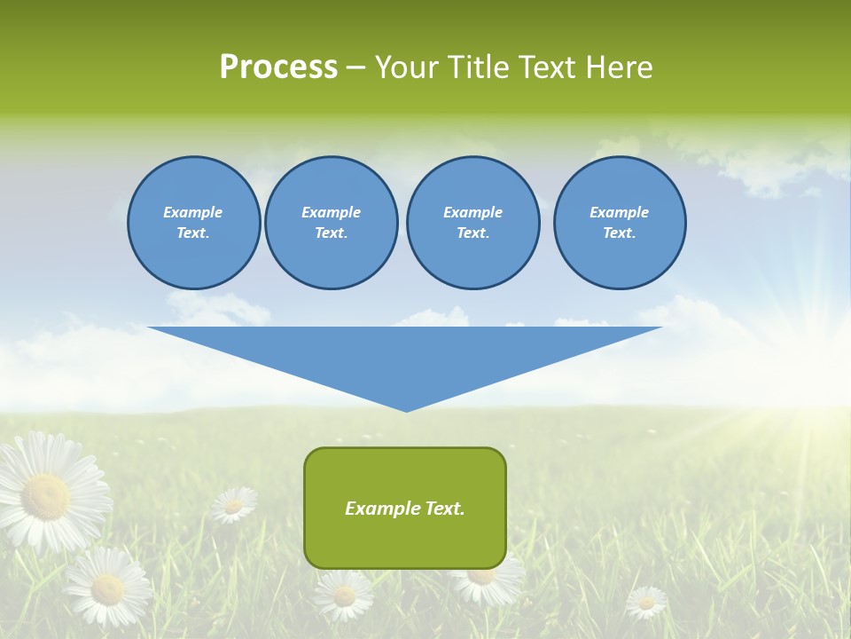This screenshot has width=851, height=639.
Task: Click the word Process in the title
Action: [x=278, y=67]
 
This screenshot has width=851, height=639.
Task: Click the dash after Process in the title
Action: [x=355, y=68]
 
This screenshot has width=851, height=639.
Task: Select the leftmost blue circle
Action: [x=194, y=223]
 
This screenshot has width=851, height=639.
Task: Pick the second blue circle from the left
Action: [x=332, y=223]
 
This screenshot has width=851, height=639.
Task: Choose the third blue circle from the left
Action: [x=473, y=223]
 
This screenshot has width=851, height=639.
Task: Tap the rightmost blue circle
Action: [x=620, y=223]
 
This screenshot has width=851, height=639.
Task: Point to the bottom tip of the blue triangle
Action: [x=406, y=409]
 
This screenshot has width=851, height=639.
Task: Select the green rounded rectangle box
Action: [x=405, y=508]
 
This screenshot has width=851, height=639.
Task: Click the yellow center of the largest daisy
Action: [x=46, y=496]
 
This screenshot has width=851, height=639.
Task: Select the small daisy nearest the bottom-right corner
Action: [x=646, y=603]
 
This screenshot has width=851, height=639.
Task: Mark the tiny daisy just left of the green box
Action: [x=234, y=505]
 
